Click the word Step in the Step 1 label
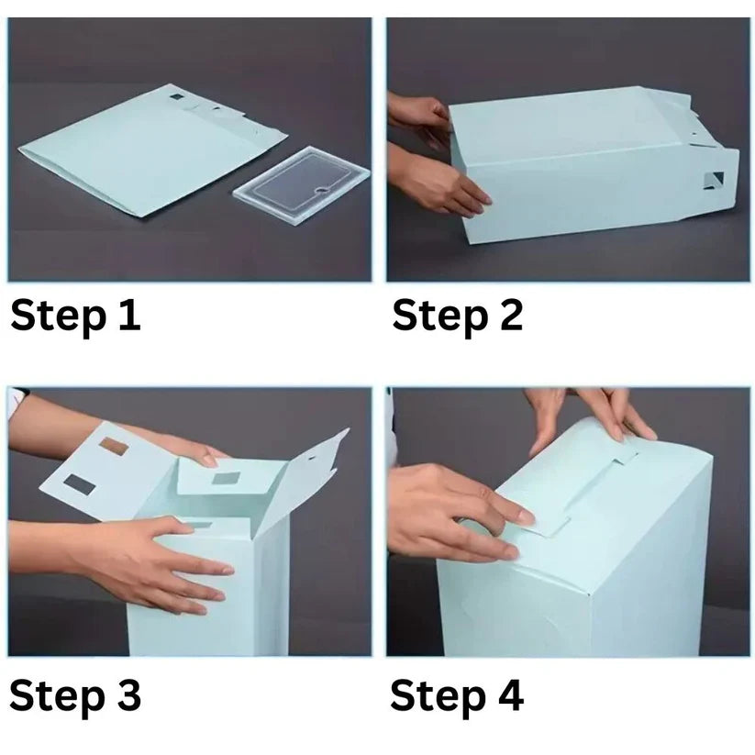point(59,316)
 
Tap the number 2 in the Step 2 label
point(510,315)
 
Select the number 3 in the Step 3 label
point(128,695)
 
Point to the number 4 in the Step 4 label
point(510,695)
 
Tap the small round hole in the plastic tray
point(321,192)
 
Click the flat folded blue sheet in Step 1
point(152,150)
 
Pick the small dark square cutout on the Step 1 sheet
point(176,96)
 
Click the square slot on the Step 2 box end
point(714,181)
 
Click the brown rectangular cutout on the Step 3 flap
point(114,447)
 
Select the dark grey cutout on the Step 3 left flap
point(80,484)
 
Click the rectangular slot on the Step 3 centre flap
point(227,479)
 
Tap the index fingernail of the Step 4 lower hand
point(526,518)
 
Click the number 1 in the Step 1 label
point(129,315)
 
